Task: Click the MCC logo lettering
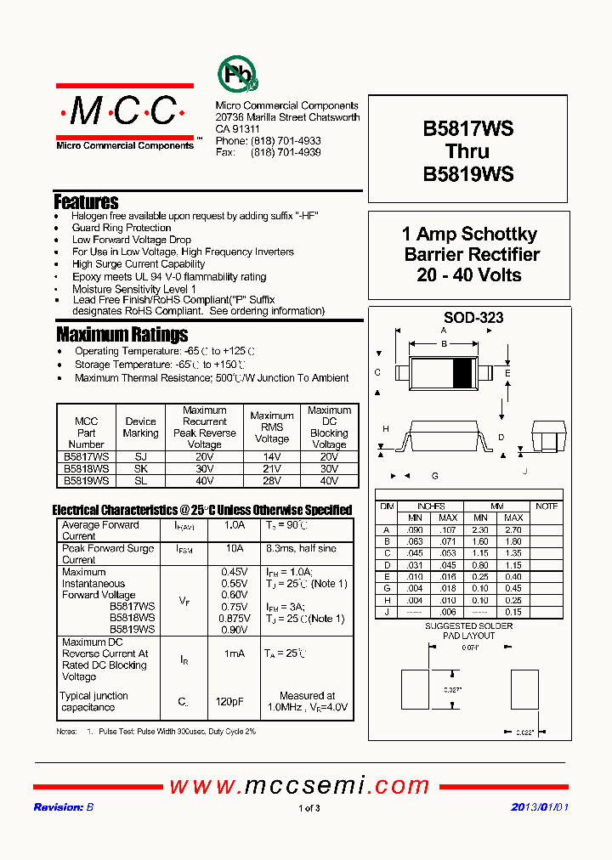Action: (x=124, y=110)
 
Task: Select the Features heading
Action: (x=86, y=202)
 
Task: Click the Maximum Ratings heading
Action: (x=122, y=334)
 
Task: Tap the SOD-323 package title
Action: (x=467, y=318)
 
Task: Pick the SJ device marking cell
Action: (x=140, y=456)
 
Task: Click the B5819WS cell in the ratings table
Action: (x=86, y=480)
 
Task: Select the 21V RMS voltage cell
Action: (x=271, y=468)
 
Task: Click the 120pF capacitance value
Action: (x=235, y=702)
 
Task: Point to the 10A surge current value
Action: (x=235, y=549)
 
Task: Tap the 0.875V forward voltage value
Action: (x=235, y=619)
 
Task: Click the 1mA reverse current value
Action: (x=235, y=653)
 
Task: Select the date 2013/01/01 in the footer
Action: (x=539, y=807)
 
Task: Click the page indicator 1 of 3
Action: (x=309, y=808)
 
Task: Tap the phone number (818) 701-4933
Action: (x=286, y=141)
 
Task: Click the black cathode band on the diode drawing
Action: (x=462, y=373)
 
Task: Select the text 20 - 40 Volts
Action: (x=468, y=275)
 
